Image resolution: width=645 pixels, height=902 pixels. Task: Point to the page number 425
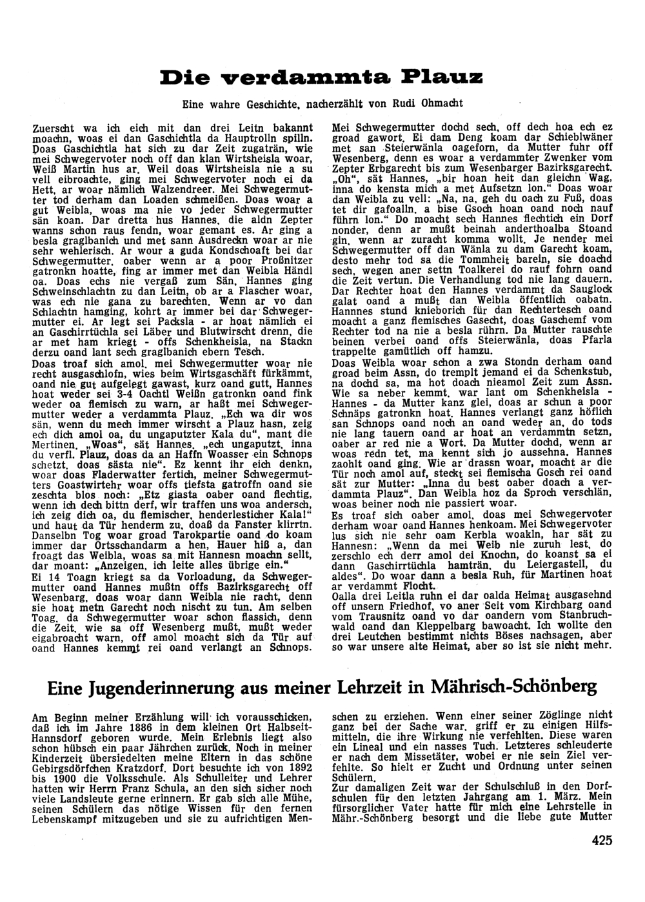pyautogui.click(x=600, y=840)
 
